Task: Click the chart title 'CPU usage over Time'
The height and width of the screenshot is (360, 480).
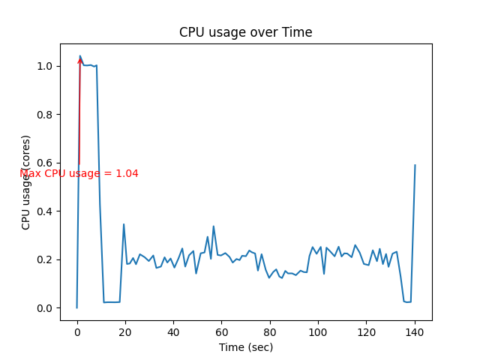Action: tap(245, 33)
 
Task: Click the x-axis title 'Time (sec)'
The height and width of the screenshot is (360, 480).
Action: tap(245, 347)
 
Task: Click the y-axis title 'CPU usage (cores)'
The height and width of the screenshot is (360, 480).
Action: tap(26, 182)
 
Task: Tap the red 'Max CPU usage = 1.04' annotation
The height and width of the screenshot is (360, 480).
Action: tap(79, 174)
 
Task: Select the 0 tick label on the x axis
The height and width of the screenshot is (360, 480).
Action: tap(77, 332)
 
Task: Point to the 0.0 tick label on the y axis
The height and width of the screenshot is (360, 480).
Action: tap(46, 308)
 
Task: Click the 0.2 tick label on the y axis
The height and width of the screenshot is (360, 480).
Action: tap(46, 259)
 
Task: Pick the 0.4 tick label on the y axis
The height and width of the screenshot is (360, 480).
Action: tap(46, 211)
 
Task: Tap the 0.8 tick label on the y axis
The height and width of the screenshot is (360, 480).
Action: tap(46, 115)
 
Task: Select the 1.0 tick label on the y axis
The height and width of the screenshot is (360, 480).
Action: tap(46, 66)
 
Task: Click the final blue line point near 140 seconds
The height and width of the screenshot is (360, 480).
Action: tap(415, 165)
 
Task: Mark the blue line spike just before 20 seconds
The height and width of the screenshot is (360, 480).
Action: tap(124, 224)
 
